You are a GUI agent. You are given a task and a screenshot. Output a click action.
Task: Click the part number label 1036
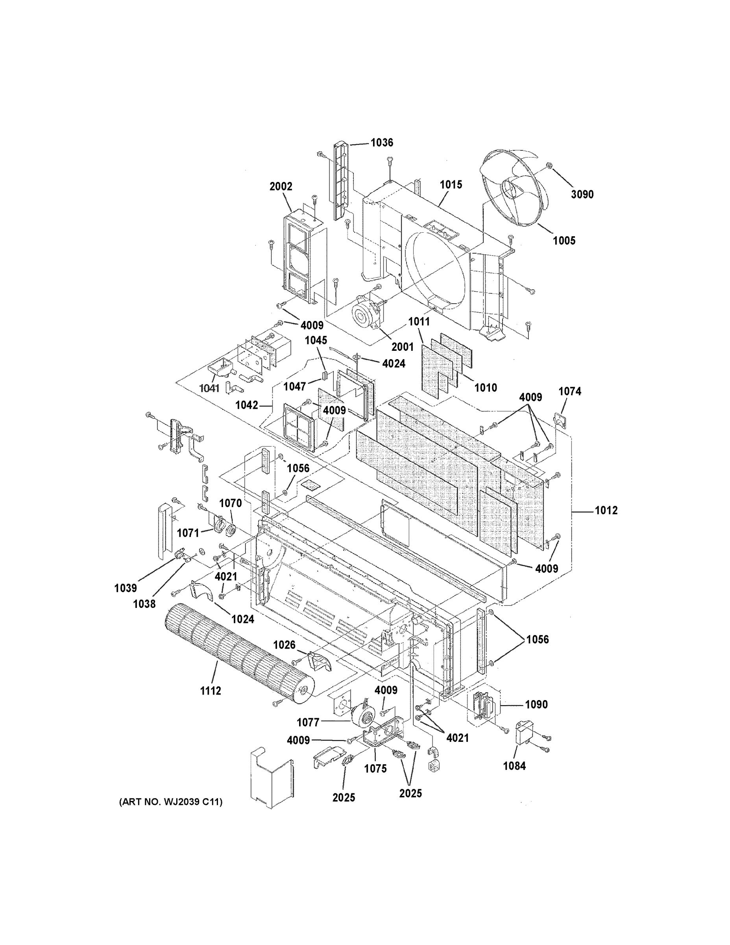pos(382,143)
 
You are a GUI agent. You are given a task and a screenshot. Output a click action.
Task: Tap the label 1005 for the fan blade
pos(564,241)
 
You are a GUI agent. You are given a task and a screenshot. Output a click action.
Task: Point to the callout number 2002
pos(281,187)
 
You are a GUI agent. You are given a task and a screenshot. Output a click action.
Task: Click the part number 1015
pos(451,185)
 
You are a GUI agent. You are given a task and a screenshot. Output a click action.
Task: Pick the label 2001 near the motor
pos(403,347)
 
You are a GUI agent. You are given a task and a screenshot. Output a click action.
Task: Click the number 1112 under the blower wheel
pos(211,691)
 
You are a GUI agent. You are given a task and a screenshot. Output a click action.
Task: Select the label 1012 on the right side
pos(606,511)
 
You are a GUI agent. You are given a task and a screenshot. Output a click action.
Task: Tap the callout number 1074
pos(569,392)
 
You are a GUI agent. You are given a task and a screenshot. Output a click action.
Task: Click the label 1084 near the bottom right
pos(514,766)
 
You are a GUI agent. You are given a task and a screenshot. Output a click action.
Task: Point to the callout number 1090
pos(536,705)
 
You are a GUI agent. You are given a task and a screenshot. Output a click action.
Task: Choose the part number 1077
pos(308,723)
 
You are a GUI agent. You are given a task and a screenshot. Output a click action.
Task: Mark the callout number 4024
pos(394,364)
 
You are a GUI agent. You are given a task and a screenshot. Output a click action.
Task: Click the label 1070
pos(230,503)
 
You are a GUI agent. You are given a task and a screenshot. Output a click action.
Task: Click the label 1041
pos(209,388)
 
